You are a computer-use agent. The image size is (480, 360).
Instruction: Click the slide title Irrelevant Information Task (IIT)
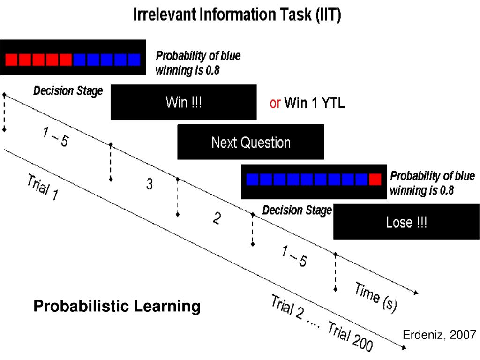coord(238,15)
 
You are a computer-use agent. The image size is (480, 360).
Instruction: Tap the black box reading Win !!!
coord(184,102)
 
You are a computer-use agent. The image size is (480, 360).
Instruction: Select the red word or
coord(275,103)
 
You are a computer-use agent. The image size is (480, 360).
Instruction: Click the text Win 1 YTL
coord(315,103)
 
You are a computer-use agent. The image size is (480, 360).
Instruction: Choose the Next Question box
coord(251,142)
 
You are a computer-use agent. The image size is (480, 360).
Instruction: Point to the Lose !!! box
coord(406,222)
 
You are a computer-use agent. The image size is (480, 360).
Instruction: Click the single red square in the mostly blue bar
coord(375,180)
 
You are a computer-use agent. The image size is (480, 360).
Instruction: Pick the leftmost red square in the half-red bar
coord(11,60)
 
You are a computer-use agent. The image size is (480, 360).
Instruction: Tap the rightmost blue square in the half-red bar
coord(134,60)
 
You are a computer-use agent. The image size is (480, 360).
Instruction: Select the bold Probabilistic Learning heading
coord(117,307)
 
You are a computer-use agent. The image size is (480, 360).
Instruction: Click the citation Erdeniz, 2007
coord(440,335)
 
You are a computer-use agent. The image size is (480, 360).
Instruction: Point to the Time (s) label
coord(375,298)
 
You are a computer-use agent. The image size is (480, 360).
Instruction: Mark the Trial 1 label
coord(43,187)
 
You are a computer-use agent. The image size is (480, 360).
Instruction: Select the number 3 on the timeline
coord(149,185)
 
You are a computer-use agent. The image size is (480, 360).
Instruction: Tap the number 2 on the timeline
coord(216,218)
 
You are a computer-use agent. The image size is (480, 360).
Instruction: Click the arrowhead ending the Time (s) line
coord(416,293)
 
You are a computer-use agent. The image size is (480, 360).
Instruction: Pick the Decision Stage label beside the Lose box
coord(297,210)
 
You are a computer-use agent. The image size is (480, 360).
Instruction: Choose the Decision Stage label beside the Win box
coord(68,91)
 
